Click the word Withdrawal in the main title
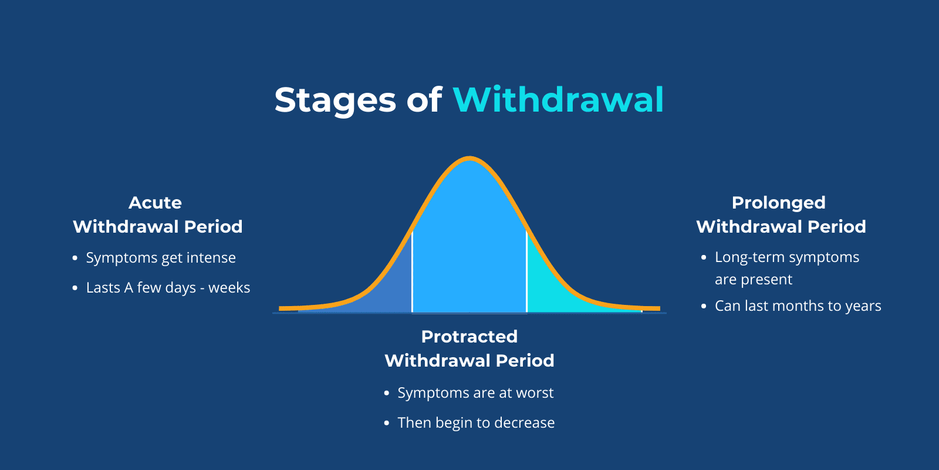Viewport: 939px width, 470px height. [558, 100]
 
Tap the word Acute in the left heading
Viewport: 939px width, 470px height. [155, 203]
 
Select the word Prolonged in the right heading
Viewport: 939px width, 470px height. [778, 203]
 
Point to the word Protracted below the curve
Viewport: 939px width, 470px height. [469, 337]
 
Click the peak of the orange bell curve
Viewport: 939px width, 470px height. [469, 157]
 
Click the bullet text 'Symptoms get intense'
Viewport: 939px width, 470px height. [161, 258]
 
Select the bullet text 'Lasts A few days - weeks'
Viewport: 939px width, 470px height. [168, 288]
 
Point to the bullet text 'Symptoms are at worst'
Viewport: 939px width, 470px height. [475, 393]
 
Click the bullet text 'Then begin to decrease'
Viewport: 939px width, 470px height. [476, 423]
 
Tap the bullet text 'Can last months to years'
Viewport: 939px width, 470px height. [798, 306]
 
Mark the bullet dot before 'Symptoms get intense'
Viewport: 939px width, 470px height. [75, 258]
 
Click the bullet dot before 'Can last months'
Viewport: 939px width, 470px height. [704, 306]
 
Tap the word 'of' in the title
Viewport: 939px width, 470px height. [424, 100]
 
